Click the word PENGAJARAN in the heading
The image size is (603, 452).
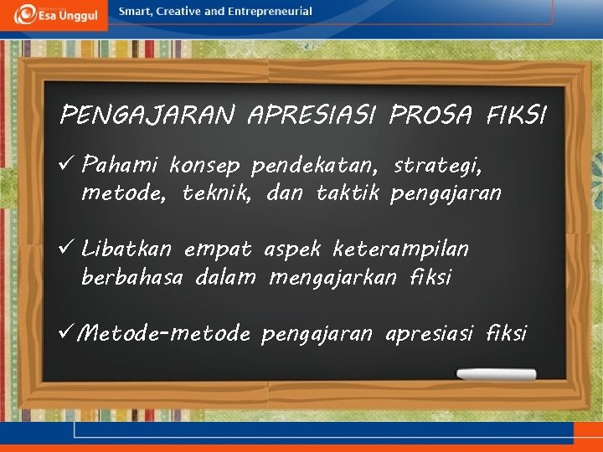(x=147, y=115)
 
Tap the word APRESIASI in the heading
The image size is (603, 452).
(x=312, y=115)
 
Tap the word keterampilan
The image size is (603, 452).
(x=400, y=249)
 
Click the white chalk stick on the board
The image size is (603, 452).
(x=495, y=374)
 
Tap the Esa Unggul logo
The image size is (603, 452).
(x=55, y=14)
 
